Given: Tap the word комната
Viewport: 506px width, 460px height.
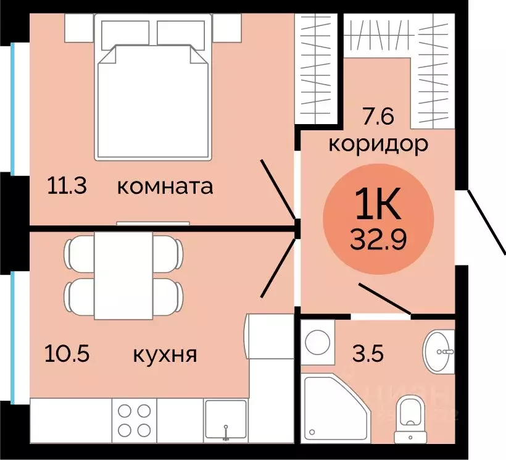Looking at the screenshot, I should [165, 186].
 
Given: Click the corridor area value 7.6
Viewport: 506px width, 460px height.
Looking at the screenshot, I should [376, 115].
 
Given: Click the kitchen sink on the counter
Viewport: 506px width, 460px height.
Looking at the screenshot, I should [226, 420].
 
